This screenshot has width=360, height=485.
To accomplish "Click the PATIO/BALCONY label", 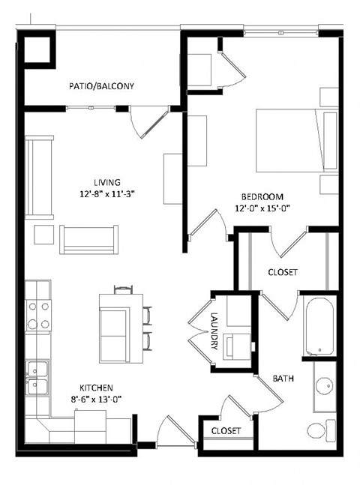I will [x=102, y=86].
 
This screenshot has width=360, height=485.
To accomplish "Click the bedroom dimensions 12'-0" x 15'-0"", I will [x=262, y=208].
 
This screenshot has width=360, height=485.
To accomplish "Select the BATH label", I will [x=282, y=379].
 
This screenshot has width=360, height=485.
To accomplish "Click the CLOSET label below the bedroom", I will [x=283, y=272].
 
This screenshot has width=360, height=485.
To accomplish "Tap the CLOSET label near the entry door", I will [x=226, y=431].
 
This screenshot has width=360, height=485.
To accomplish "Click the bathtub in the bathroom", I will [x=320, y=327].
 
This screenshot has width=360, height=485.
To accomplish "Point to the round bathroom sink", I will [x=325, y=387].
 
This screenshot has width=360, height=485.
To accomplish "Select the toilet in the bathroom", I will [x=320, y=432].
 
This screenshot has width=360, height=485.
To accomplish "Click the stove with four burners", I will [x=38, y=316].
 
